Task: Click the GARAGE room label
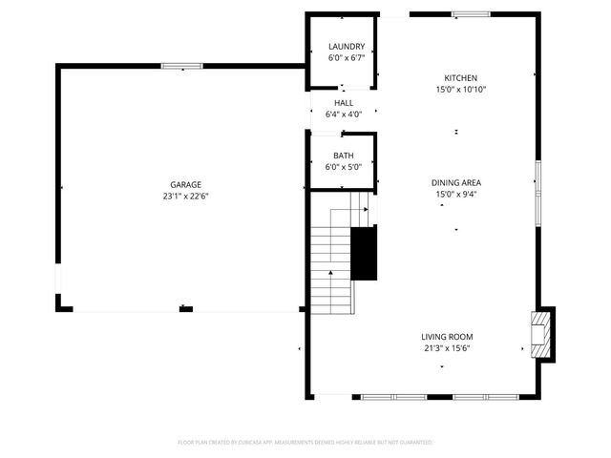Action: [x=186, y=184]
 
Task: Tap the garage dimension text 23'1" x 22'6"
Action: [x=186, y=197]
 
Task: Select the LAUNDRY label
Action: [x=347, y=47]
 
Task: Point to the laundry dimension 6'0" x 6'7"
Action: [x=347, y=58]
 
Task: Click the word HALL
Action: [x=344, y=103]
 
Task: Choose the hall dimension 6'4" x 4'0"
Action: [x=344, y=114]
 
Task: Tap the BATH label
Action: [x=344, y=156]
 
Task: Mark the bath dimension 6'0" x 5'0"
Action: [x=344, y=167]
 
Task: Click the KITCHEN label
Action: [x=460, y=78]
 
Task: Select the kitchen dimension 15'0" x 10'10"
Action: [x=460, y=90]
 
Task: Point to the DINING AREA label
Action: [x=456, y=182]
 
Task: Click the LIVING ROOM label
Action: [x=447, y=337]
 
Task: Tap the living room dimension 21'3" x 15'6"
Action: [x=447, y=348]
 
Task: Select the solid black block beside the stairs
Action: [x=364, y=254]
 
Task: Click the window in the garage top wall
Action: [x=180, y=66]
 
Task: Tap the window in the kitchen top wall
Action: [x=466, y=14]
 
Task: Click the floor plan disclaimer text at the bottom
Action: [x=305, y=443]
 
